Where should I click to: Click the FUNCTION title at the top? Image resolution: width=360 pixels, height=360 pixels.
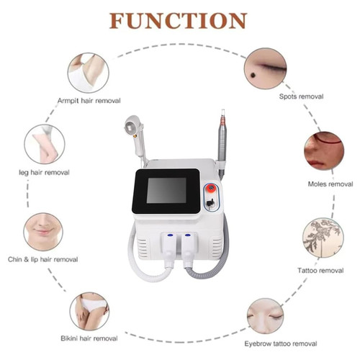pos(178,21)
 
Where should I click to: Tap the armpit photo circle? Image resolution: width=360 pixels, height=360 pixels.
pos(89,73)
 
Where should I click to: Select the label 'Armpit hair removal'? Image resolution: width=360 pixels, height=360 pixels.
pos(89,101)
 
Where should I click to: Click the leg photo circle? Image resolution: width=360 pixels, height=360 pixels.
pos(45,144)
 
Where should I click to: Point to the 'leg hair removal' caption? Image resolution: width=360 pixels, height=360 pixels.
pos(44,172)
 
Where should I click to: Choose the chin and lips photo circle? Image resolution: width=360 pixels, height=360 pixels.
pos(43,232)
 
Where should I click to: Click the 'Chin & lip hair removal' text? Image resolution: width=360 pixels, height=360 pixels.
pos(43,259)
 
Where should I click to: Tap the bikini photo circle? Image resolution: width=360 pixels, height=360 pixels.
pos(89,311)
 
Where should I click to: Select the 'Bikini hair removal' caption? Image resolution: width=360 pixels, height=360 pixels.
pos(89,338)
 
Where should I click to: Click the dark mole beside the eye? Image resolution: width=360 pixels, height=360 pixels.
pos(253,76)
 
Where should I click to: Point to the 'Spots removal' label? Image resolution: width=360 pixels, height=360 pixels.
pos(301,96)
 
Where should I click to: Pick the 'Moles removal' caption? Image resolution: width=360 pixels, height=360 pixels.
pos(330,184)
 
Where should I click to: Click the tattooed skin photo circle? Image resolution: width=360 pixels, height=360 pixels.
pos(323,238)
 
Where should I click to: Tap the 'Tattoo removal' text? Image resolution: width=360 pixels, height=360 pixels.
pos(320,271)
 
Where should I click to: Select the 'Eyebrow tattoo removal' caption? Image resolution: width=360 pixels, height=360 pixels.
pos(281,343)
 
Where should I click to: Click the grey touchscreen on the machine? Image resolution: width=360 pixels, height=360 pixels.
pos(166,190)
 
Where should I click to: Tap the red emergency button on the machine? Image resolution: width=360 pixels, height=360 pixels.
pos(211,187)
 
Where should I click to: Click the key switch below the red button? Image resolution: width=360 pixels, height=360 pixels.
pos(210,203)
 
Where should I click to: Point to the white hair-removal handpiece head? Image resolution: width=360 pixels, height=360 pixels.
pos(132,125)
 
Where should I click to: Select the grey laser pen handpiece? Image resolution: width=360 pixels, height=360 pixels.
pos(222,145)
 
